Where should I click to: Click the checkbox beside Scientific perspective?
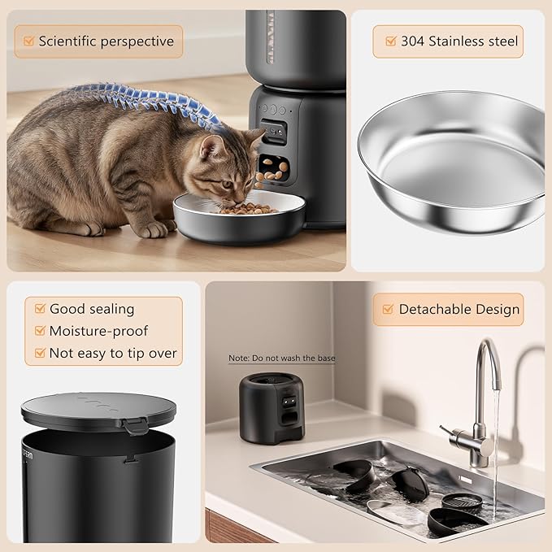coord(28,41)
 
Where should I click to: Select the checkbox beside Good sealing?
coord(37,309)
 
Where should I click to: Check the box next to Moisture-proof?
coord(37,331)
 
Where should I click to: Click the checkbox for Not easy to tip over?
coord(37,353)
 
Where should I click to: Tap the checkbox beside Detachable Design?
coord(386,309)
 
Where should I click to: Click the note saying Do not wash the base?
coord(281,358)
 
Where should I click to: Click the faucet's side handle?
coord(449,430)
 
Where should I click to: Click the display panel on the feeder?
coord(274,130)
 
